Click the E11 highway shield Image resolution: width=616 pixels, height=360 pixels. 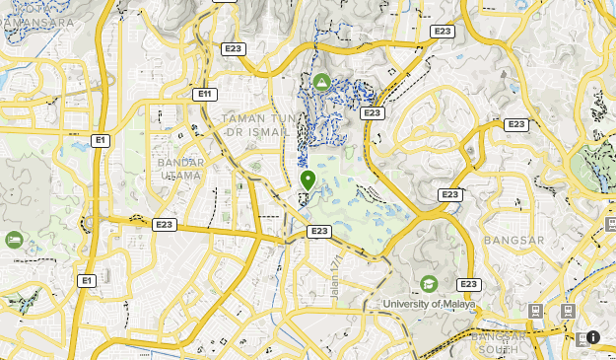pyautogui.click(x=205, y=94)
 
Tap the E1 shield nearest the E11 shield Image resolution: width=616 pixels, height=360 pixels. pyautogui.click(x=100, y=140)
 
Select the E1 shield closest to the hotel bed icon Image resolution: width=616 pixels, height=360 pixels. pyautogui.click(x=87, y=281)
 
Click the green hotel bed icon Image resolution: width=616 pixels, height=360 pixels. pyautogui.click(x=14, y=240)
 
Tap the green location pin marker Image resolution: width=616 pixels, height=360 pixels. pyautogui.click(x=308, y=180)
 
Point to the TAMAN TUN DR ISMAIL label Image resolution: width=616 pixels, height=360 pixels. pyautogui.click(x=256, y=125)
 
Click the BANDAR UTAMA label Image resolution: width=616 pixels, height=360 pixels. pyautogui.click(x=180, y=169)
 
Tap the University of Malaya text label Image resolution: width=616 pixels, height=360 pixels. pyautogui.click(x=429, y=304)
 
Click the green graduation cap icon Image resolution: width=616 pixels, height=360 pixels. pyautogui.click(x=429, y=284)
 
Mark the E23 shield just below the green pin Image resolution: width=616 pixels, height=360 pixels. pyautogui.click(x=318, y=231)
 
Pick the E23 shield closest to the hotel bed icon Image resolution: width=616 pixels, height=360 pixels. pyautogui.click(x=165, y=225)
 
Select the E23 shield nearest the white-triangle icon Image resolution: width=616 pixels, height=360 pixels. pyautogui.click(x=372, y=113)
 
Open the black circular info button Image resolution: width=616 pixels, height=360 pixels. pyautogui.click(x=592, y=337)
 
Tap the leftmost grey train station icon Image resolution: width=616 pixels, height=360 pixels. pyautogui.click(x=535, y=311)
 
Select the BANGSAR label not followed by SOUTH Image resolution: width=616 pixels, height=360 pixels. pyautogui.click(x=514, y=240)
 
